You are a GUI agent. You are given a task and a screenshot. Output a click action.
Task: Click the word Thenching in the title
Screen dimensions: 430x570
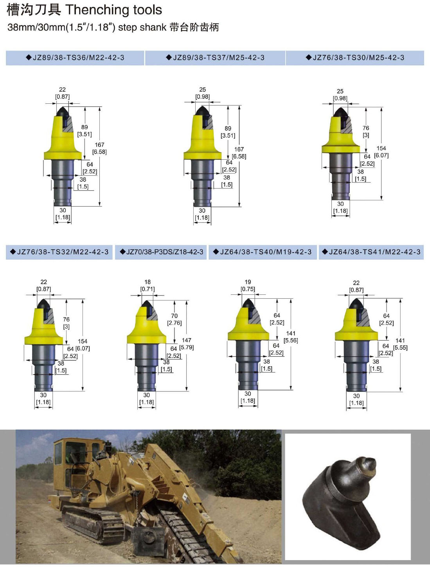(97, 10)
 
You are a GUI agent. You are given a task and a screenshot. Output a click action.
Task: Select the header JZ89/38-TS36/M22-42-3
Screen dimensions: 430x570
(75, 58)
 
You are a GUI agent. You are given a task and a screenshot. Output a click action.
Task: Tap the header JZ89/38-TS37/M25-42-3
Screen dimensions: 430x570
(215, 58)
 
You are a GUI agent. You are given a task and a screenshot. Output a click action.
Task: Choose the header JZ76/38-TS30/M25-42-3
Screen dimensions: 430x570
(355, 58)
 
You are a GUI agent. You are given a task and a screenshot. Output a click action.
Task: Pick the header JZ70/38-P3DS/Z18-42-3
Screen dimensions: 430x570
(162, 252)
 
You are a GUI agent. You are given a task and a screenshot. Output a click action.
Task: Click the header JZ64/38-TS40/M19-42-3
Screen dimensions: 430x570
(262, 252)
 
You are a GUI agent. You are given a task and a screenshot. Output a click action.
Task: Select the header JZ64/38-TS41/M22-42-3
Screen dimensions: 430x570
(371, 252)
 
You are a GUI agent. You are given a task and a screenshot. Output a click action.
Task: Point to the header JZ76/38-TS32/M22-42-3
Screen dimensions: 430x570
(59, 252)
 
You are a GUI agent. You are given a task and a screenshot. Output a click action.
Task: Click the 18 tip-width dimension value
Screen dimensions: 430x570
(148, 282)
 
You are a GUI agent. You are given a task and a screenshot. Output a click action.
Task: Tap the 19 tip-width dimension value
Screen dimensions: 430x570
(248, 282)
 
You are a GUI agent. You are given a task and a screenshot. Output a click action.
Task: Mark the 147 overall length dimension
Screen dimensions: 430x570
(186, 340)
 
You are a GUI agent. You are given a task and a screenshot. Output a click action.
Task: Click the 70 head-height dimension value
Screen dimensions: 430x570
(174, 316)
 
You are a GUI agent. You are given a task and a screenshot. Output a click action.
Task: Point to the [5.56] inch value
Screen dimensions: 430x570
(291, 341)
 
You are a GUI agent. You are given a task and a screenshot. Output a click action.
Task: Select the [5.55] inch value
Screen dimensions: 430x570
(400, 348)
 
